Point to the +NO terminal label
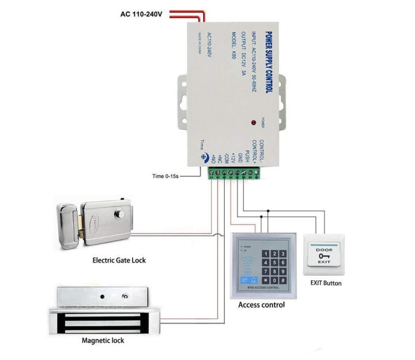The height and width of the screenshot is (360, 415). click(x=213, y=157)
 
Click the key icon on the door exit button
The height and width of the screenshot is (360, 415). click(x=324, y=256)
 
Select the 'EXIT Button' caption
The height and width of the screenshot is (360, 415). click(x=326, y=283)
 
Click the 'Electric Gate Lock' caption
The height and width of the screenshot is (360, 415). click(x=119, y=260)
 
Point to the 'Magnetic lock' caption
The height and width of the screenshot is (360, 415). click(x=103, y=340)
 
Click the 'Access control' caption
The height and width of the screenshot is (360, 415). click(x=261, y=305)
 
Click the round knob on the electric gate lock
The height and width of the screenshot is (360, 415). click(x=122, y=213)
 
